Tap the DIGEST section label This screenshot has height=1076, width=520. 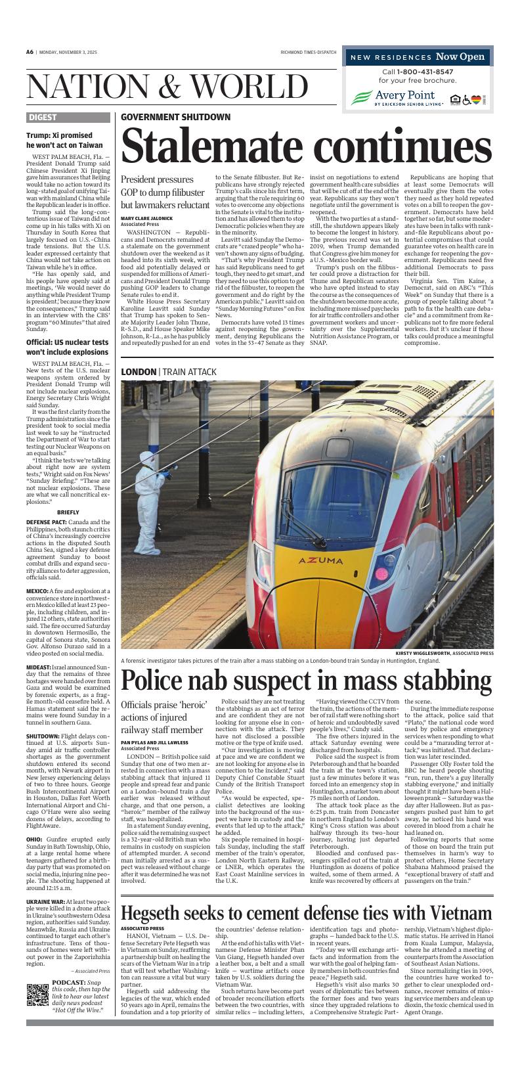coord(43,118)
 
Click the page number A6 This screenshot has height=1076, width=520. coord(30,52)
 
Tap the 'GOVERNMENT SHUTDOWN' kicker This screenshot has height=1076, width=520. coord(175,117)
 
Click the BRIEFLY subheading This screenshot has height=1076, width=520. coord(68,512)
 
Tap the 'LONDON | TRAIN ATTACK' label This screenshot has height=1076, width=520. coord(169,372)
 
